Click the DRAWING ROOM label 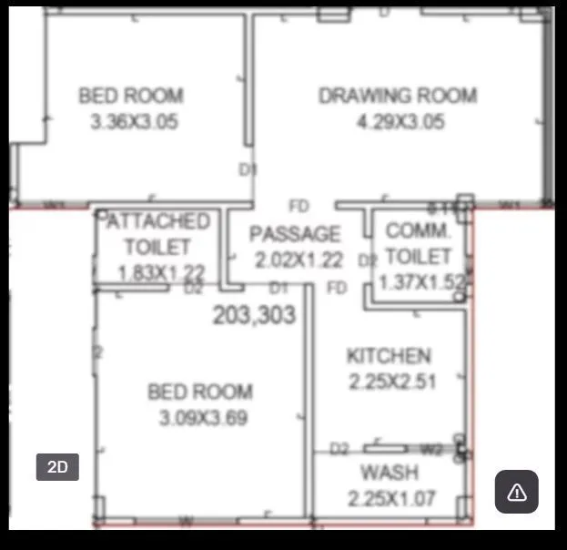pos(397,96)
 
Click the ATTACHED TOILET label pos(157,234)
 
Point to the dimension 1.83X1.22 pos(161,271)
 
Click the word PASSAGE pos(295,235)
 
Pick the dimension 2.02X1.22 pos(299,260)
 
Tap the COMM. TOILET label pos(418,243)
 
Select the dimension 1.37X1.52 pos(421,282)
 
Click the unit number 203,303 pos(254,315)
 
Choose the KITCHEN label pos(389,356)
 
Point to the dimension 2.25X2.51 pos(392,382)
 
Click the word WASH pos(390,473)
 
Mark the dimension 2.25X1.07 pos(391,498)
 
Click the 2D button pos(57,467)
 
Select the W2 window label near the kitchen pos(430,449)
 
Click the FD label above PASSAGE pos(299,207)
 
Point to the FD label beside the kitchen pos(337,289)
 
